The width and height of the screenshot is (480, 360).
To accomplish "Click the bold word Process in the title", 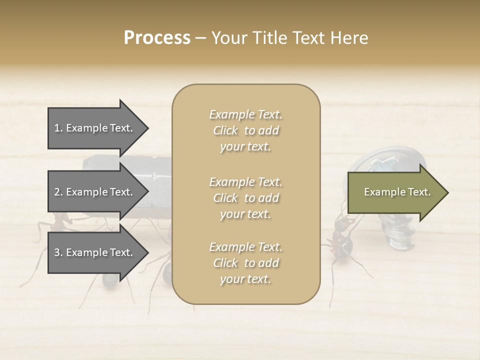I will coord(157,38).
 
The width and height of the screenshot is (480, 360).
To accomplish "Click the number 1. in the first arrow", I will coord(58,128).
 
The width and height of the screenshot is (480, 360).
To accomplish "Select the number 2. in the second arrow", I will coord(58,192).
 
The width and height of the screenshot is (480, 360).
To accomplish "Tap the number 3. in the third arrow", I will coord(58,252).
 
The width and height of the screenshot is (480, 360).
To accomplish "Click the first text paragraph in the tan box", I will coord(245,130).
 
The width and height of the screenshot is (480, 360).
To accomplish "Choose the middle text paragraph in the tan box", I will coord(245,198).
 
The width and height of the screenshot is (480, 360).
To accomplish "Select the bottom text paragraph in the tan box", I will coord(245,263).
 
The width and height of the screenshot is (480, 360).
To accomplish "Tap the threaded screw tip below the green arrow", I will coord(399,235).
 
